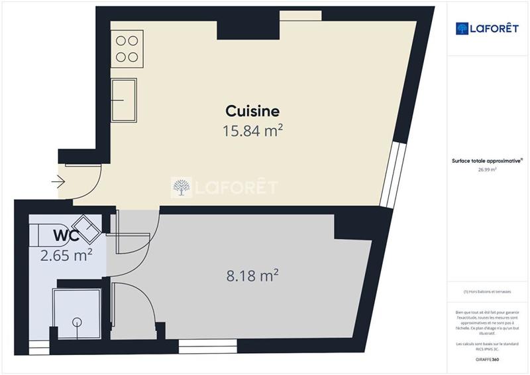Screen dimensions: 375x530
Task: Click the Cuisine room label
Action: [252, 111]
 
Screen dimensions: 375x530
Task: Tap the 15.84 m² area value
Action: [252, 131]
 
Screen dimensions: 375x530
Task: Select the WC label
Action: [66, 235]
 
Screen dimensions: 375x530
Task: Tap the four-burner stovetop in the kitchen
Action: [127, 48]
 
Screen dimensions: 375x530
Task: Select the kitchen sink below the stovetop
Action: [124, 99]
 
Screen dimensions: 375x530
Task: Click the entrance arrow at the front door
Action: [58, 182]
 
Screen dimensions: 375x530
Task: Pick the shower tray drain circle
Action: [78, 323]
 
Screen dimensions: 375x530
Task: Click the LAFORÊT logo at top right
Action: [487, 28]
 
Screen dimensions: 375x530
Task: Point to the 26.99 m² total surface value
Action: [487, 170]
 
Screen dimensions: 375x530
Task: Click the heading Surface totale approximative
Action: [486, 161]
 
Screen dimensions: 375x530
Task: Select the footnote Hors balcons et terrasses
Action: [487, 291]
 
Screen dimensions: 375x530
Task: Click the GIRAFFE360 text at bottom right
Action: [487, 360]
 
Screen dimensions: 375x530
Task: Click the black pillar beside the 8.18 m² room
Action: [350, 226]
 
